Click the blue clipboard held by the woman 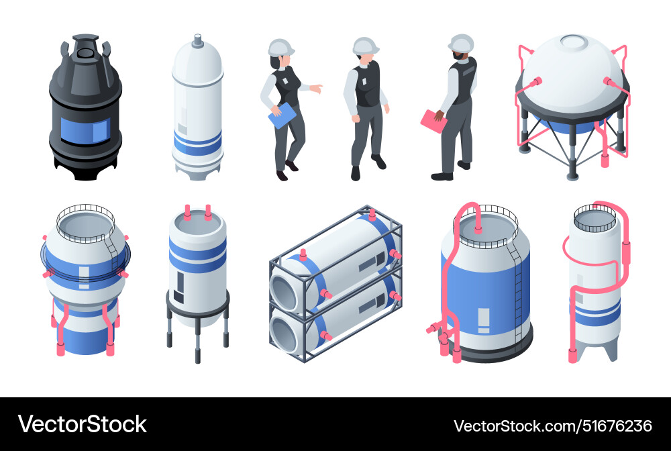pyautogui.click(x=282, y=115)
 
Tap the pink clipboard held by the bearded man pyautogui.click(x=433, y=120)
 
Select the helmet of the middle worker pyautogui.click(x=365, y=45)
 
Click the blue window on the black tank pyautogui.click(x=85, y=129)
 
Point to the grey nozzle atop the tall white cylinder pyautogui.click(x=197, y=41)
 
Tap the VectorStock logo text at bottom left pyautogui.click(x=82, y=424)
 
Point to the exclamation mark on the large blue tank pyautogui.click(x=483, y=319)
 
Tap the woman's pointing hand pyautogui.click(x=317, y=88)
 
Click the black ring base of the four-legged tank pyautogui.click(x=198, y=300)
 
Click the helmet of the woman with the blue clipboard pyautogui.click(x=280, y=47)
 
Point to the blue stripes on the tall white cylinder pyautogui.click(x=197, y=142)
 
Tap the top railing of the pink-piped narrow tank pyautogui.click(x=595, y=216)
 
